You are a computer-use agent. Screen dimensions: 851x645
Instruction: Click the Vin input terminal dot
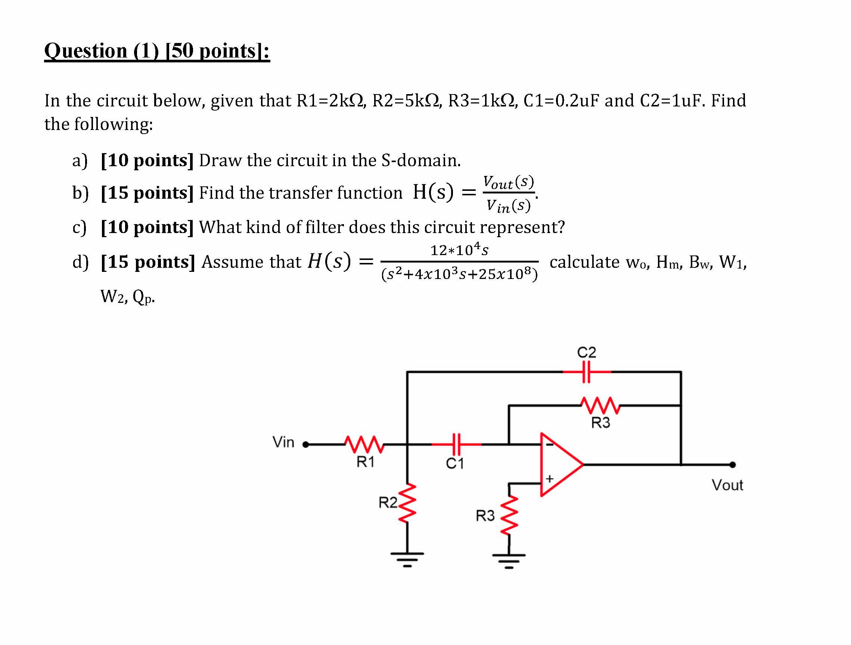[305, 444]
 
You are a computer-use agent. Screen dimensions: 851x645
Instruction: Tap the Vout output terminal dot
[733, 465]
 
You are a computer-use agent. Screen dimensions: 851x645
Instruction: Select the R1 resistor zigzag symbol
[364, 444]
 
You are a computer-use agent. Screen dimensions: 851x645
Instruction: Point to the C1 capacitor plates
[456, 444]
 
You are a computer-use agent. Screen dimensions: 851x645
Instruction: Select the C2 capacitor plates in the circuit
[586, 372]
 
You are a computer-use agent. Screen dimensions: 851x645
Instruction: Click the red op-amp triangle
[562, 465]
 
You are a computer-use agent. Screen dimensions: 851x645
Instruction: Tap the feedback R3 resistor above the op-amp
[600, 405]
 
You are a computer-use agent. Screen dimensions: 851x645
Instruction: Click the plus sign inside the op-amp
[550, 478]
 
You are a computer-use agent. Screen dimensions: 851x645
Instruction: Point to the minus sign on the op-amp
[550, 445]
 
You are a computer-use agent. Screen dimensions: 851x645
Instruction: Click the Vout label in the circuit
[727, 485]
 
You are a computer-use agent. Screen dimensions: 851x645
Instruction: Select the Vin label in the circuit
[283, 442]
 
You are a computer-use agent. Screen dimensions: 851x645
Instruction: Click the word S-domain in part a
[421, 160]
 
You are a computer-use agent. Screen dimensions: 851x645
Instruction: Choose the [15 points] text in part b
[147, 192]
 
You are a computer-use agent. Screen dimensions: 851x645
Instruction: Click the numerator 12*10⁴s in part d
[459, 250]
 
